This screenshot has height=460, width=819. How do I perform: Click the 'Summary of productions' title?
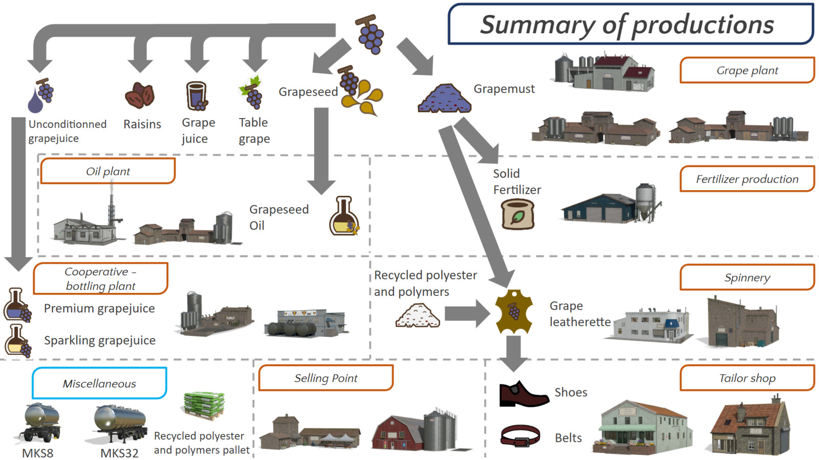pyautogui.click(x=627, y=25)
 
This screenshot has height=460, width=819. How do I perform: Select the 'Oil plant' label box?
pyautogui.click(x=108, y=171)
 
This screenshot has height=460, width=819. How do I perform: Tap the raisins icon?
pyautogui.click(x=139, y=95)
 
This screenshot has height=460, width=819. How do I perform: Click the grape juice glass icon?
pyautogui.click(x=196, y=96)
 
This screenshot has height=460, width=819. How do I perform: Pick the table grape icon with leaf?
pyautogui.click(x=251, y=93)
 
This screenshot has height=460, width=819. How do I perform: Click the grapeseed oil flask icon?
pyautogui.click(x=344, y=216)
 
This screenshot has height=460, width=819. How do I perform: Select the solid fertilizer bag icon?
pyautogui.click(x=518, y=214)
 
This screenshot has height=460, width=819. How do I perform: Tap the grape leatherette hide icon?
pyautogui.click(x=514, y=312)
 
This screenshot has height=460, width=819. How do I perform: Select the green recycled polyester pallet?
pyautogui.click(x=204, y=405)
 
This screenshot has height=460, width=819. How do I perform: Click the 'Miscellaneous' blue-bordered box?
pyautogui.click(x=99, y=383)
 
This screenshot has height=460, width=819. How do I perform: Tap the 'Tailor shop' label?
pyautogui.click(x=747, y=378)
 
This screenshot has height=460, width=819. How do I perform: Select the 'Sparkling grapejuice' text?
pyautogui.click(x=100, y=340)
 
